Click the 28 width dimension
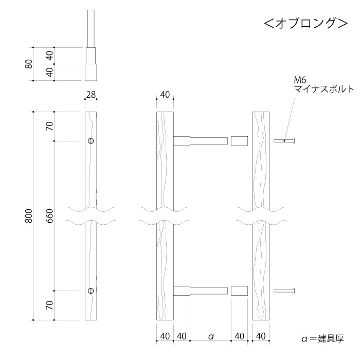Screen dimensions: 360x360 pos(91,95)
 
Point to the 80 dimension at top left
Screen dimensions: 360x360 pos(29,64)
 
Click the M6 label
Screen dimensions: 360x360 pos(300,80)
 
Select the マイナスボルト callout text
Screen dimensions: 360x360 pos(323,89)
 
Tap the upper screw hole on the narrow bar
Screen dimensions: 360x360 pos(91,141)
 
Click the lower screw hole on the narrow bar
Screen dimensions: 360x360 pos(91,291)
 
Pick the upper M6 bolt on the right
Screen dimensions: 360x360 pos(285,141)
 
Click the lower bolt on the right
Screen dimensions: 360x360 pos(285,291)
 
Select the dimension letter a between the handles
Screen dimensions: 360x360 pos(210,336)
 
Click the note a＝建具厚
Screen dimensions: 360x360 pos(322,338)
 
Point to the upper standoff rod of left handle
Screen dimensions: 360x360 pos(209,141)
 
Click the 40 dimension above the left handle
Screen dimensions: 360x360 pos(165,95)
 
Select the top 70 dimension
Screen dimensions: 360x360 pos(50,126)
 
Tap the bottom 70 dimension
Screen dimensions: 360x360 pos(50,305)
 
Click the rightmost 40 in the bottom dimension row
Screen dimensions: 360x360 pos(261,336)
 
